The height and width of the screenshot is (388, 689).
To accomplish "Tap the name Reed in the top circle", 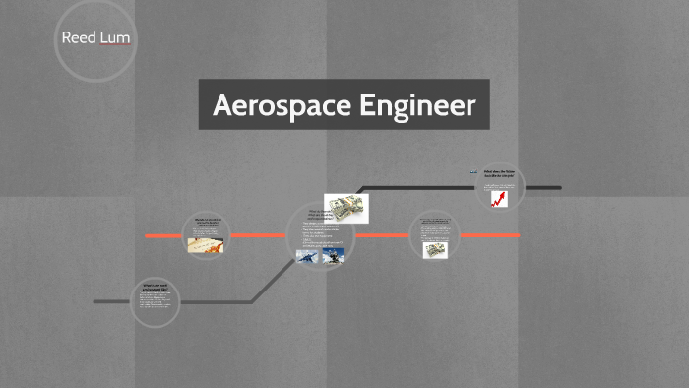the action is click(x=78, y=38).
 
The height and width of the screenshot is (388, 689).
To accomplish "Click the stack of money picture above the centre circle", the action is click(x=346, y=208).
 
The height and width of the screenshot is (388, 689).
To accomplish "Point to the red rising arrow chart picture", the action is click(x=500, y=198).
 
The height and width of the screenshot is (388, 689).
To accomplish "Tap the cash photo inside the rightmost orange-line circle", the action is click(x=435, y=250).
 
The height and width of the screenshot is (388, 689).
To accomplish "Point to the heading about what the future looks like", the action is click(x=500, y=175).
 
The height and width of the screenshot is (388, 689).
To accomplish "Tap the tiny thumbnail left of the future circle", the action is click(x=472, y=171).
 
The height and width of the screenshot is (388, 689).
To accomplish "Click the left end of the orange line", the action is click(x=147, y=236).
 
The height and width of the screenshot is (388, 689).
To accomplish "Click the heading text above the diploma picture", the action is click(x=208, y=223).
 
